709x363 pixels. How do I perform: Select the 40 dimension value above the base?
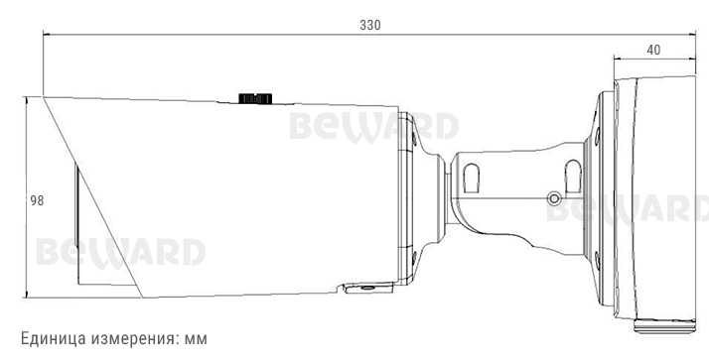pyautogui.click(x=653, y=49)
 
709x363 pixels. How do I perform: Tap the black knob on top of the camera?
pyautogui.click(x=255, y=97)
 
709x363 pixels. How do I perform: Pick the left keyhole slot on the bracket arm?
pyautogui.click(x=471, y=178)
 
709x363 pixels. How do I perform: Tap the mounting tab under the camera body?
pyautogui.click(x=366, y=288)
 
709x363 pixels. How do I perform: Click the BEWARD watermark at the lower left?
pyautogui.click(x=120, y=252)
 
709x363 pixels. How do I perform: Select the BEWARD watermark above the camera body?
pyautogui.click(x=373, y=127)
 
